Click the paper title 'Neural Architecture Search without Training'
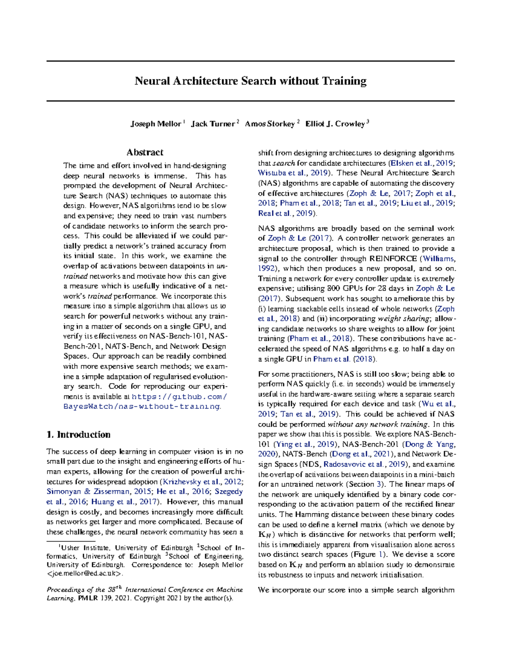251,81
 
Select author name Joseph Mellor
155,124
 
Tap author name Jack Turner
212,124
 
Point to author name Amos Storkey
269,124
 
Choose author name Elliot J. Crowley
335,124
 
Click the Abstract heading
145,152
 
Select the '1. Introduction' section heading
78,435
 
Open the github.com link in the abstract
179,397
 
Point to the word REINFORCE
393,259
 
